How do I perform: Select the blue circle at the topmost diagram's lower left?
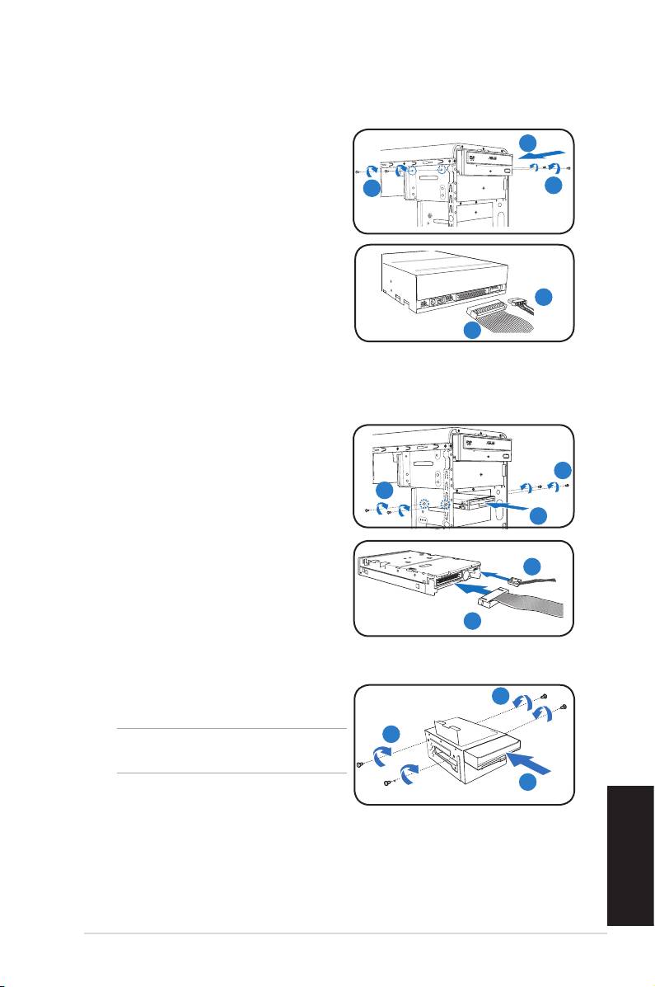(372, 189)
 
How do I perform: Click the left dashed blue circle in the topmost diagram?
(411, 172)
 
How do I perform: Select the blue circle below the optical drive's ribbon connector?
(472, 331)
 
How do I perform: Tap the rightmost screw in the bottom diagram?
(564, 707)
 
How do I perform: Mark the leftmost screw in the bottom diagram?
(360, 764)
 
